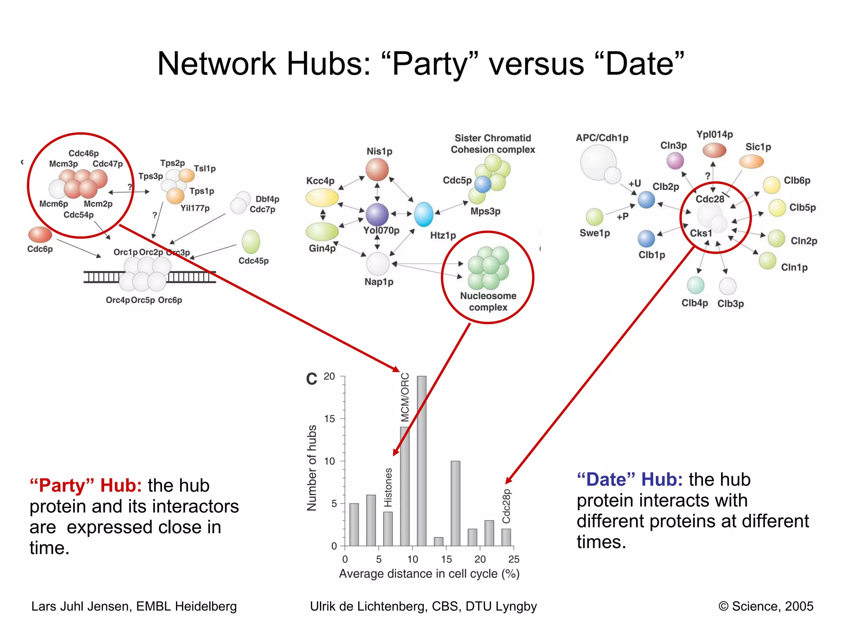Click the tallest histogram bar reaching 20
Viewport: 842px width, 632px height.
click(421, 461)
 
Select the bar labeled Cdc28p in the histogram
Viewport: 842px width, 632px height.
click(506, 537)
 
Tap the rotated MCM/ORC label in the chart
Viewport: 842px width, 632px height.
click(405, 397)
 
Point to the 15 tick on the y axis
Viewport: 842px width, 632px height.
click(330, 419)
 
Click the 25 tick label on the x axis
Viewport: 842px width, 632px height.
click(514, 559)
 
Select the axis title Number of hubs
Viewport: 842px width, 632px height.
click(312, 468)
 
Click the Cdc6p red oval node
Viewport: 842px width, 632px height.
click(40, 235)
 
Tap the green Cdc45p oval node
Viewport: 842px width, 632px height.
click(251, 242)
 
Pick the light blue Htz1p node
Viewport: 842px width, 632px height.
click(423, 214)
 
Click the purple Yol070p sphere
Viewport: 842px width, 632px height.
click(377, 214)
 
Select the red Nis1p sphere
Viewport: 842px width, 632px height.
click(377, 170)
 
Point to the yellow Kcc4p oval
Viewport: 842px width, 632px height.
click(322, 197)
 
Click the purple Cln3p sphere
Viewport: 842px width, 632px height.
click(675, 161)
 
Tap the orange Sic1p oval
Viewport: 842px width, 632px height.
click(751, 162)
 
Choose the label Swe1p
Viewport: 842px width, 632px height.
click(594, 233)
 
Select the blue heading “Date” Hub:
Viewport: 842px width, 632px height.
click(629, 480)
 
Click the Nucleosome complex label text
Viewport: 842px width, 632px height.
click(488, 302)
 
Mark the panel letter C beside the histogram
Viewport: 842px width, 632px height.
click(312, 379)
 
